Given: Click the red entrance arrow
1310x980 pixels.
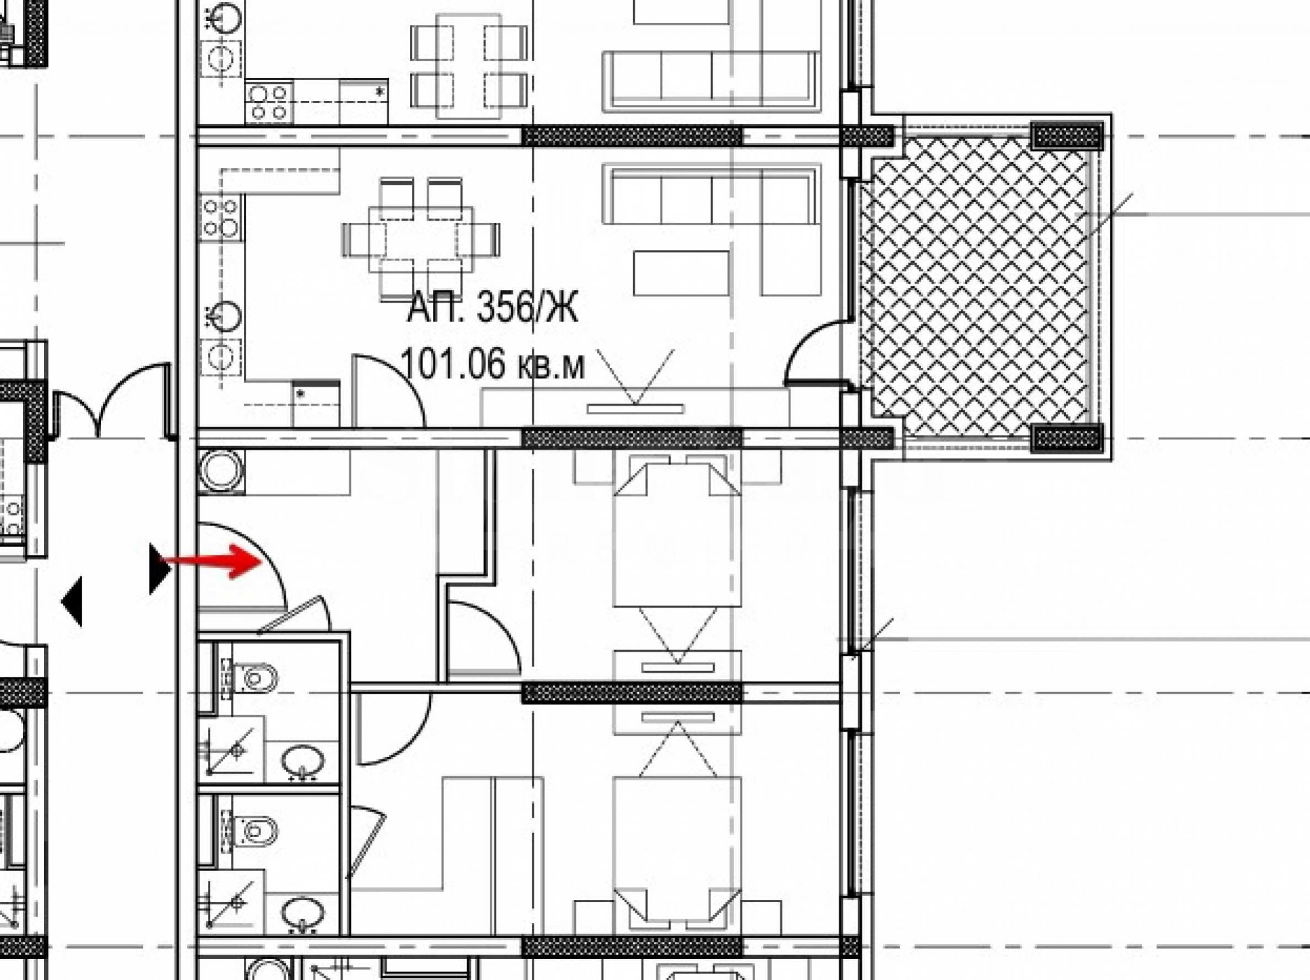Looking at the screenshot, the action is [211, 561].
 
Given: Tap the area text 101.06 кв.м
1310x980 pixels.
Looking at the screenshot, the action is [492, 363].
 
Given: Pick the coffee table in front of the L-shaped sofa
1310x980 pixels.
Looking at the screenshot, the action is [681, 273].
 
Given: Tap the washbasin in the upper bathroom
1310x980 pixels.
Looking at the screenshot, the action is [303, 761].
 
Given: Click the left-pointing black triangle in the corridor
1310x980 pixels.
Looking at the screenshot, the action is [72, 601].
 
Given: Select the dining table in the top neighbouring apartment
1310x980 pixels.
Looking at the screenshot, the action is [469, 66].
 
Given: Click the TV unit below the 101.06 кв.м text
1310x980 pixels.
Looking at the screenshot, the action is [635, 408].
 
